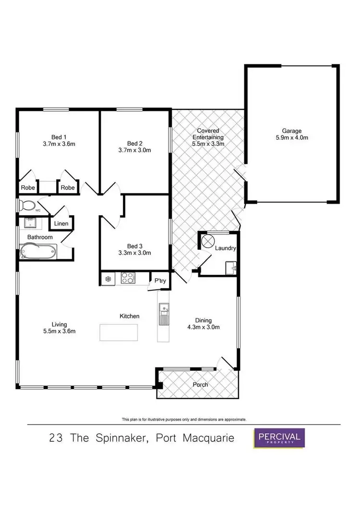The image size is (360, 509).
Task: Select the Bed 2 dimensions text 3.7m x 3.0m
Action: tap(135, 150)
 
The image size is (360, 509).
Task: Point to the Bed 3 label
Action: tap(135, 246)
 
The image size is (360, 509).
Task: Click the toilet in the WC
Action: tap(27, 206)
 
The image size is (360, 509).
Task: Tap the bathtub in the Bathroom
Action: tap(38, 251)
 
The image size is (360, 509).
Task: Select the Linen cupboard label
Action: tap(61, 224)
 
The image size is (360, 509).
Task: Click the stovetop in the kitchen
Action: tap(128, 277)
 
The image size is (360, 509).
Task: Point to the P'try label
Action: tap(159, 281)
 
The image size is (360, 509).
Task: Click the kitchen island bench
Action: tap(118, 331)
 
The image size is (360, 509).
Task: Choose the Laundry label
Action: tap(225, 248)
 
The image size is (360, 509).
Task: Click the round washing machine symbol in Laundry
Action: tap(209, 241)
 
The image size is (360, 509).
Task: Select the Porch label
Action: tap(201, 385)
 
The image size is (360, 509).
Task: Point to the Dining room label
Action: tap(203, 321)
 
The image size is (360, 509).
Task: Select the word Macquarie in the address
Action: tap(205, 438)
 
